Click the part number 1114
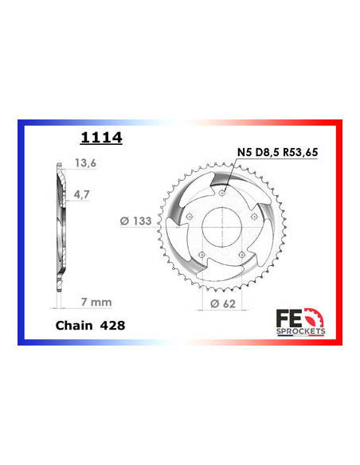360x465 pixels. pyautogui.click(x=101, y=138)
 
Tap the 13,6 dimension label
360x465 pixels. pyautogui.click(x=85, y=162)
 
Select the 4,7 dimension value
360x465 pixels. pyautogui.click(x=81, y=194)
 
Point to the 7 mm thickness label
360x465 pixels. pyautogui.click(x=96, y=302)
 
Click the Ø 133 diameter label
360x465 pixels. pyautogui.click(x=136, y=221)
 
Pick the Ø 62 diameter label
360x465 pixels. pyautogui.click(x=223, y=303)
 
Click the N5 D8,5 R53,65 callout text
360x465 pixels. pyautogui.click(x=277, y=152)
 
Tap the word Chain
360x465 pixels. pyautogui.click(x=74, y=326)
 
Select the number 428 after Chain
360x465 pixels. pyautogui.click(x=112, y=326)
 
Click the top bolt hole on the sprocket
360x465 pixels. pyautogui.click(x=222, y=193)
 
